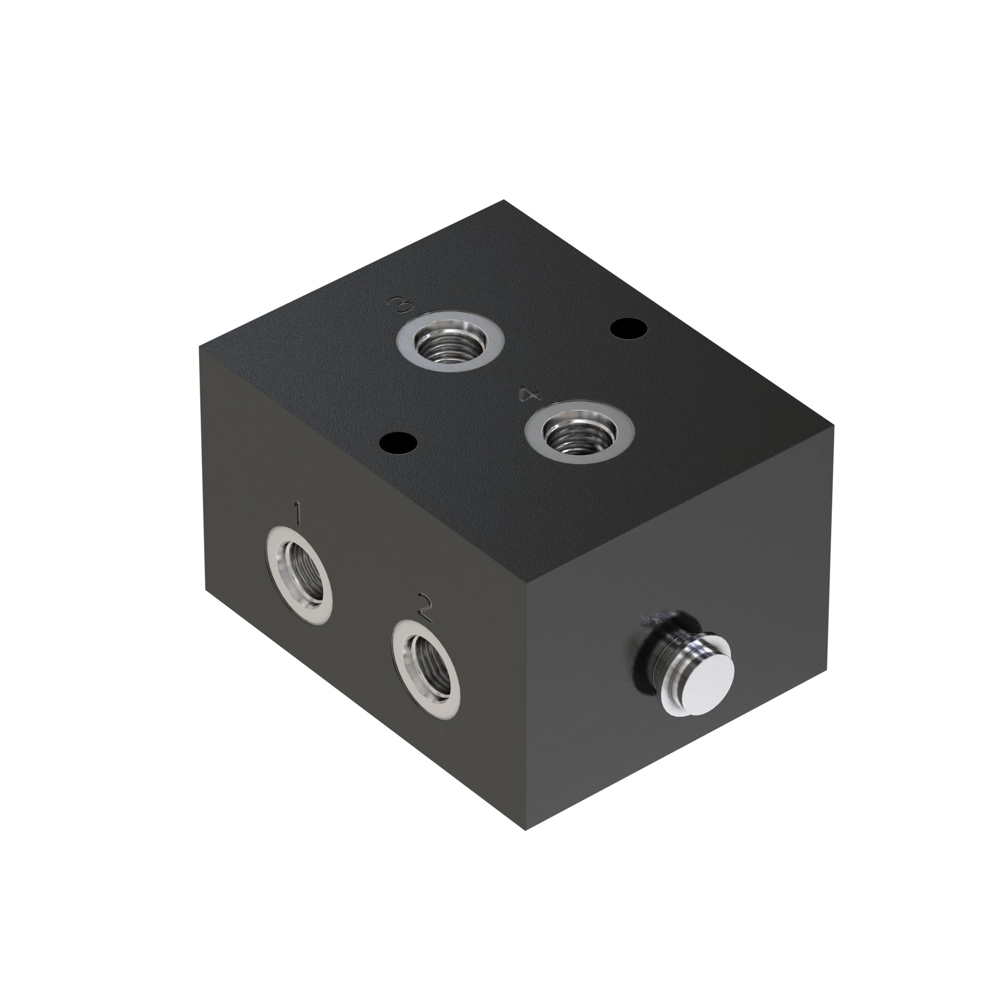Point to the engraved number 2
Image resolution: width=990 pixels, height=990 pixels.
425,607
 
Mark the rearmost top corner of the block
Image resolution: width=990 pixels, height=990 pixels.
504,200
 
